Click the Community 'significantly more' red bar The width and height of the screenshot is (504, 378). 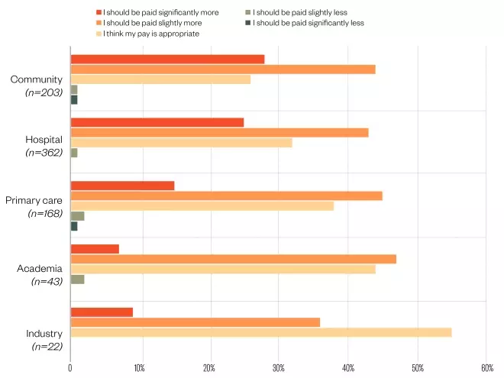167,60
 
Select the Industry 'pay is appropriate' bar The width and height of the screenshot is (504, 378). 260,332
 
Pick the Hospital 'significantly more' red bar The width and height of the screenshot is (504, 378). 157,122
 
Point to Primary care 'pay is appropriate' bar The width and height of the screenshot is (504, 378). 202,205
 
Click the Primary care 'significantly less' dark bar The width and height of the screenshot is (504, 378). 73,226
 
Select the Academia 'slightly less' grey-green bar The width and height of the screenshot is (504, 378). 77,279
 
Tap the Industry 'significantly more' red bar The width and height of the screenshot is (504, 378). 102,312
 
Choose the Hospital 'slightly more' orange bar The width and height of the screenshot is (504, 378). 219,133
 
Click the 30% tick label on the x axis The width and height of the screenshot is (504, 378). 279,368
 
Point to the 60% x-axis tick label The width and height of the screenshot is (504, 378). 486,368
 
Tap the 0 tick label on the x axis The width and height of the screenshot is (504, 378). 70,368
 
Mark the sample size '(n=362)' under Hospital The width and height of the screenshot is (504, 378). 44,153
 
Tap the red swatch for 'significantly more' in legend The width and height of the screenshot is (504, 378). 99,12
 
